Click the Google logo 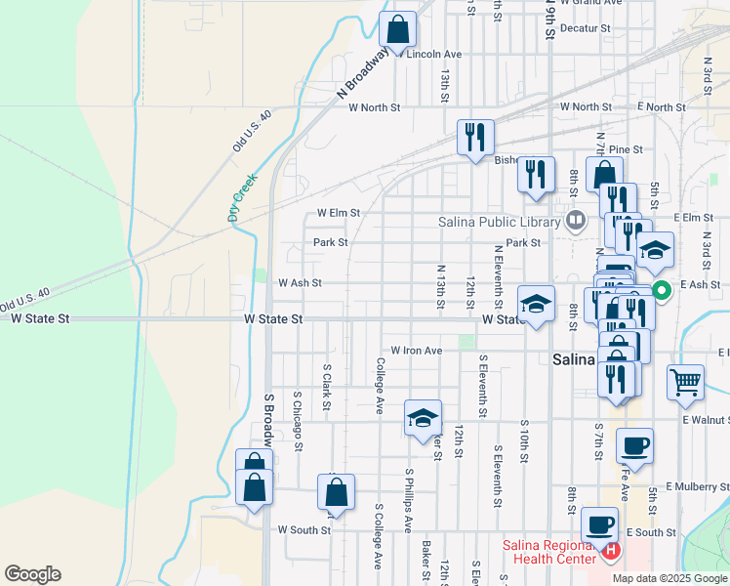pos(32,574)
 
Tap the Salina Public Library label pos(499,222)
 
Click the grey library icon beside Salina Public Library pos(575,221)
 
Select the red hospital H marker pos(611,552)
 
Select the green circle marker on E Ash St pos(660,289)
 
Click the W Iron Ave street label pos(417,350)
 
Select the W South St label pos(304,530)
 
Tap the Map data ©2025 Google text pos(669,577)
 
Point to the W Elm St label pos(339,212)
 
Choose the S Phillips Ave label pos(409,500)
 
